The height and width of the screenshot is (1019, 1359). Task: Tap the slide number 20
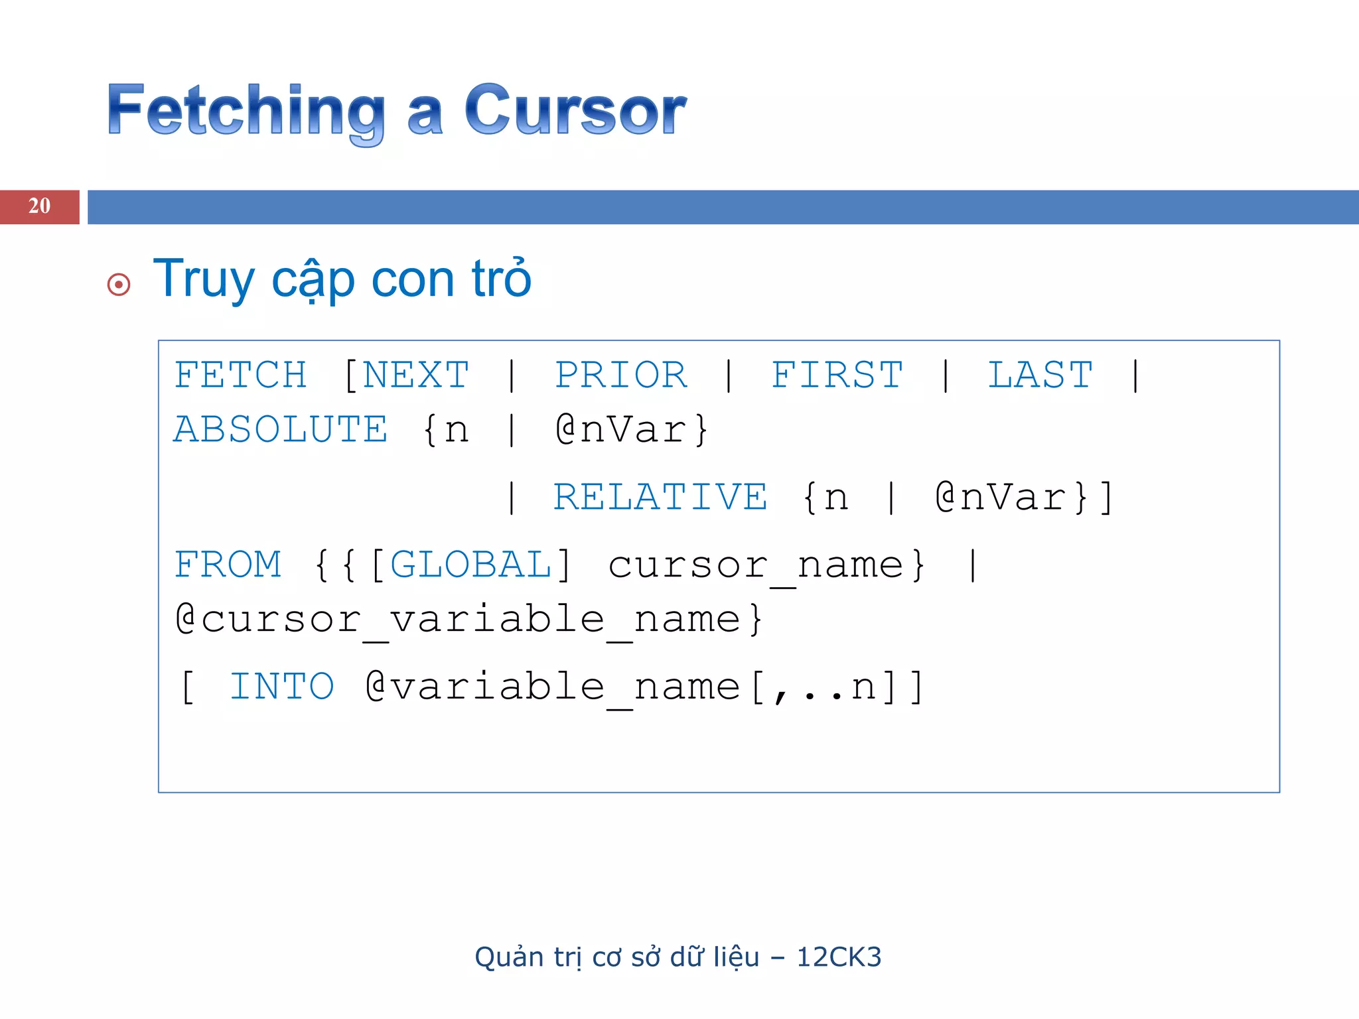[x=39, y=206]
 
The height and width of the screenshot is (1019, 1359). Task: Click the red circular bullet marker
[x=119, y=285]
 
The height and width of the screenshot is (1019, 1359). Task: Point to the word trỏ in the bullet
[x=502, y=279]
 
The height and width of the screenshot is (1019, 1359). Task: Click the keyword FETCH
[x=240, y=375]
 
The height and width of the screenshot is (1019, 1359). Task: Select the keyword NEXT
[x=416, y=375]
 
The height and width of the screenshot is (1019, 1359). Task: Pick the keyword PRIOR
[x=621, y=375]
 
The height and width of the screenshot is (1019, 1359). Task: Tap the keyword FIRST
[x=837, y=375]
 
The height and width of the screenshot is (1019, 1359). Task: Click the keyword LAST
[x=1040, y=375]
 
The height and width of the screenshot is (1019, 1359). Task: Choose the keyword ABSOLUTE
[x=281, y=430]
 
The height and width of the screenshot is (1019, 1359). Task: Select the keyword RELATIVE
[x=660, y=498]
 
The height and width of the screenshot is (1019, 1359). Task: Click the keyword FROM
[x=228, y=565]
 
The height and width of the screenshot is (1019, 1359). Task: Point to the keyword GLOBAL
[x=470, y=565]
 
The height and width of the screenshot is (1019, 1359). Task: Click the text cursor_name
[x=756, y=567]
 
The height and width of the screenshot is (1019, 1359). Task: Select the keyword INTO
[x=281, y=687]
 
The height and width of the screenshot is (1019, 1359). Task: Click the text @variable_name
[x=552, y=688]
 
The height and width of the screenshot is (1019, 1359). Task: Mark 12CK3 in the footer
[x=839, y=957]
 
